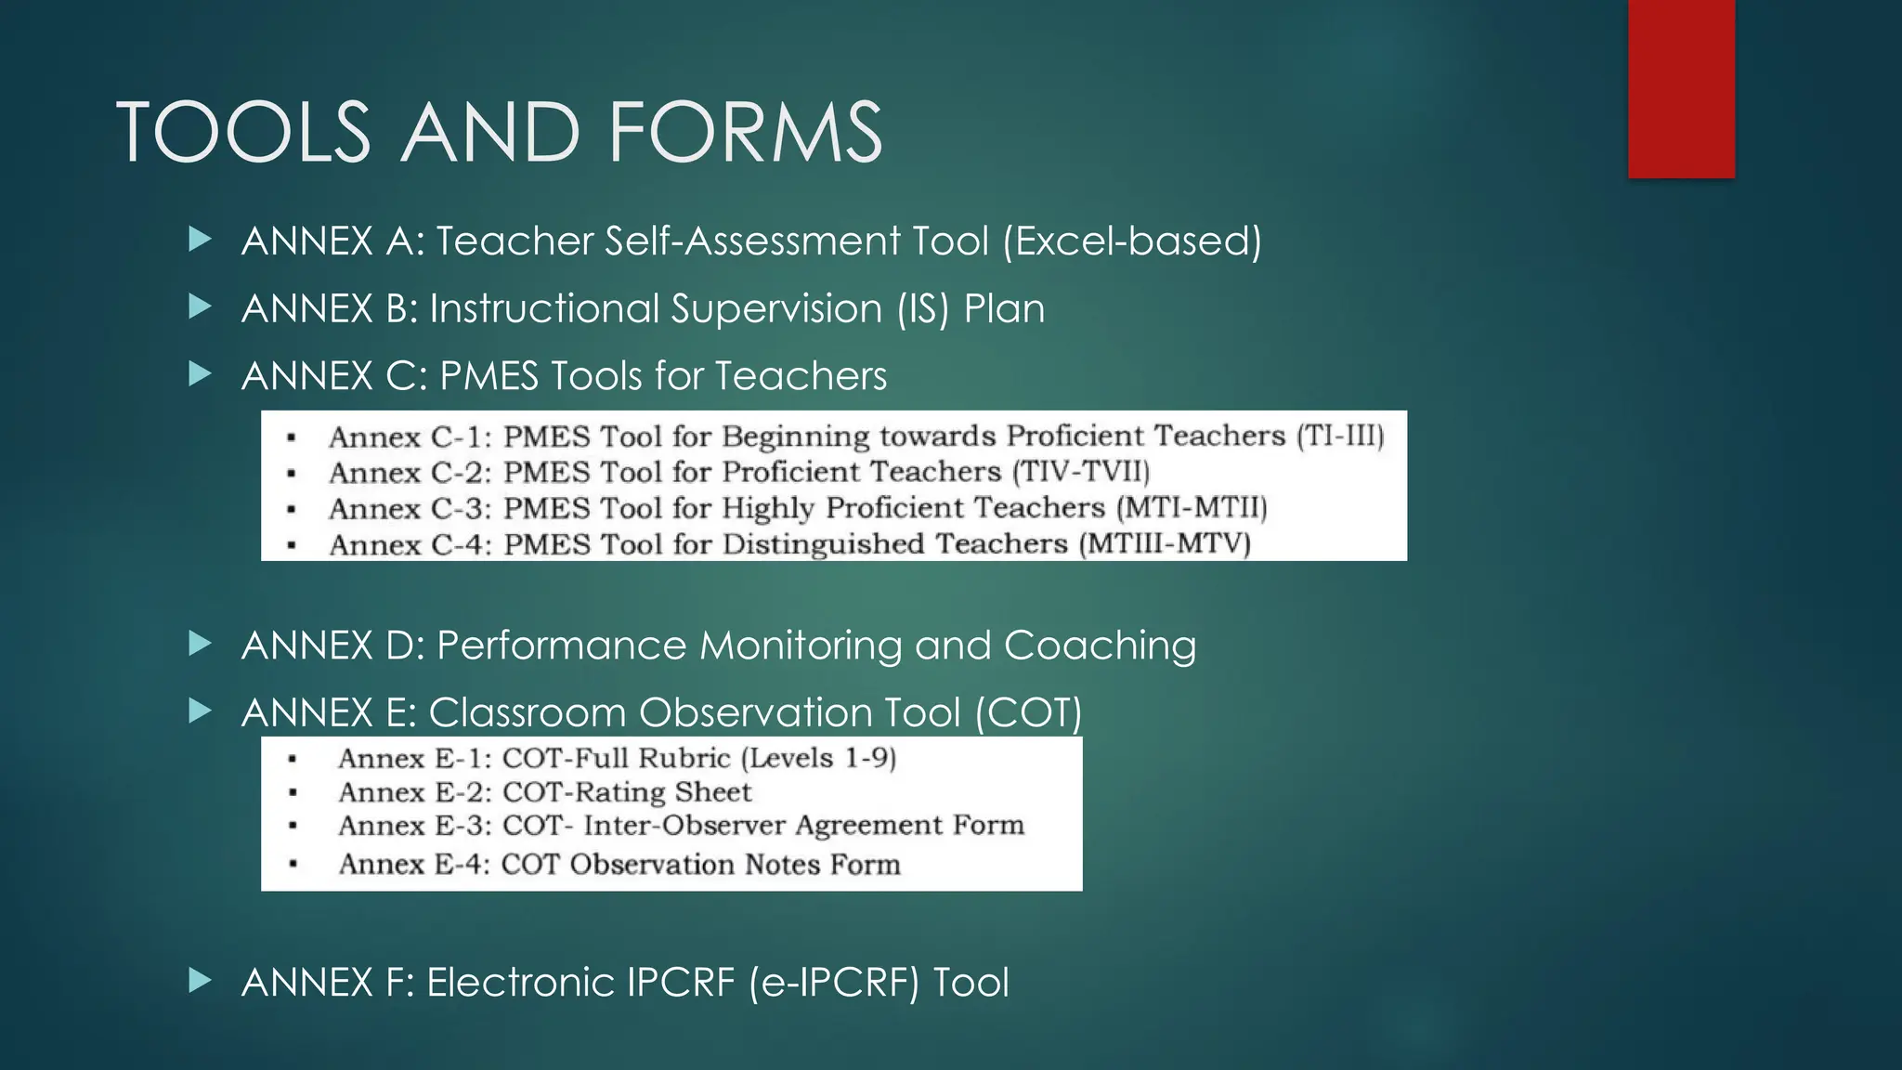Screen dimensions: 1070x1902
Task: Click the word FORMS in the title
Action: (745, 133)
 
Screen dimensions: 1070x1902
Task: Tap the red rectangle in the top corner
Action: (1681, 88)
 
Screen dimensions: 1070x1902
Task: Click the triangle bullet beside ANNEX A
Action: (200, 240)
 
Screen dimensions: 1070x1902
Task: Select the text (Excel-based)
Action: (1132, 241)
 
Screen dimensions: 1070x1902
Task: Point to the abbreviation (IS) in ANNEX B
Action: (923, 309)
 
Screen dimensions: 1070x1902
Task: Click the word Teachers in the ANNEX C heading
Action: (801, 376)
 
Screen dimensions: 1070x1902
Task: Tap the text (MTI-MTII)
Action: (1192, 508)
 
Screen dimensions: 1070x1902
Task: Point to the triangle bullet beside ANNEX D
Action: (200, 644)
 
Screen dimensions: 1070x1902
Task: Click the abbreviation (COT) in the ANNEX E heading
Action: (1028, 713)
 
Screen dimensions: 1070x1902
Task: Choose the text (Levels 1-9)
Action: (818, 759)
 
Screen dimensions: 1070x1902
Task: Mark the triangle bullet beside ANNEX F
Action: (200, 981)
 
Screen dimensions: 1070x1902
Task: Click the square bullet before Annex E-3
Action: (293, 826)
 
